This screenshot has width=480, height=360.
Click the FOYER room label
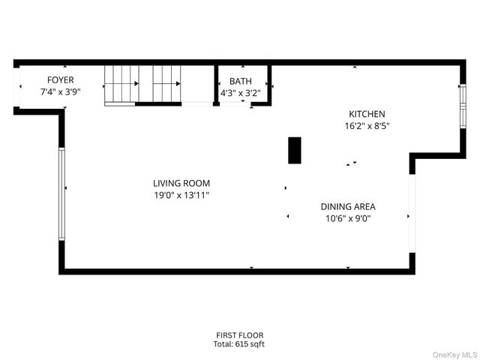pos(60,79)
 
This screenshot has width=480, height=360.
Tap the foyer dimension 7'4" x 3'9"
pos(60,92)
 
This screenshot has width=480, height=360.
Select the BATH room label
pos(240,81)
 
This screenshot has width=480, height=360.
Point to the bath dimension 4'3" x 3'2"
pos(240,94)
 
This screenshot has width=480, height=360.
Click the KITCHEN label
pos(366,114)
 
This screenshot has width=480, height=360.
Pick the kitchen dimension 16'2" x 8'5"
pos(366,127)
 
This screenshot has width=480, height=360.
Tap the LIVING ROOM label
pos(181,183)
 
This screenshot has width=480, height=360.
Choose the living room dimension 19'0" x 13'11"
pos(181,196)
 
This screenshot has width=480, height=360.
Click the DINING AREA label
pos(348,206)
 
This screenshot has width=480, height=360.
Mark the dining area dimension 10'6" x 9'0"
pos(348,219)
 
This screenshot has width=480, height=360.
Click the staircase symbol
pos(142,84)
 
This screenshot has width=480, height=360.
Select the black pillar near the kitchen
pos(295,150)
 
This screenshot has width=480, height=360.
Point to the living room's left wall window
pos(61,194)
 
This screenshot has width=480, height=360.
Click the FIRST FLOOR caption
pos(240,335)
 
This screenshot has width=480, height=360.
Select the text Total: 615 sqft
pos(240,344)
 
